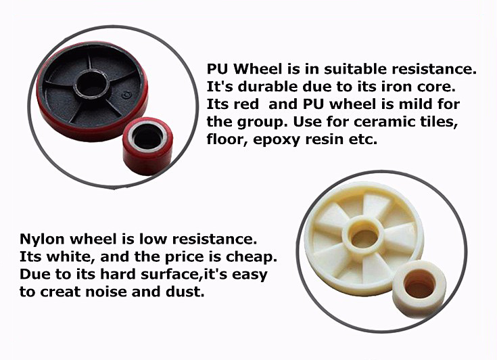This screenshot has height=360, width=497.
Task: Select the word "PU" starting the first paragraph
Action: coord(216,70)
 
